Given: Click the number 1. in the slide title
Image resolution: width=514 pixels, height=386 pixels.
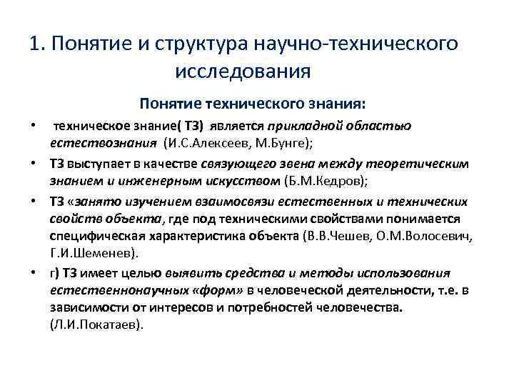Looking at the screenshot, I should (39, 44).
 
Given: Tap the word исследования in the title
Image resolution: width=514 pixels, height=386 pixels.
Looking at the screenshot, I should (242, 71).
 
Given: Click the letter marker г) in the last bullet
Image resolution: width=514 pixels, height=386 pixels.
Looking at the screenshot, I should (54, 272).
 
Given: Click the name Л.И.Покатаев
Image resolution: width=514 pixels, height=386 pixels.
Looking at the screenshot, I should (96, 323).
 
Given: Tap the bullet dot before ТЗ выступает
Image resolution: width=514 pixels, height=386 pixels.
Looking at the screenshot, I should (34, 164).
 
